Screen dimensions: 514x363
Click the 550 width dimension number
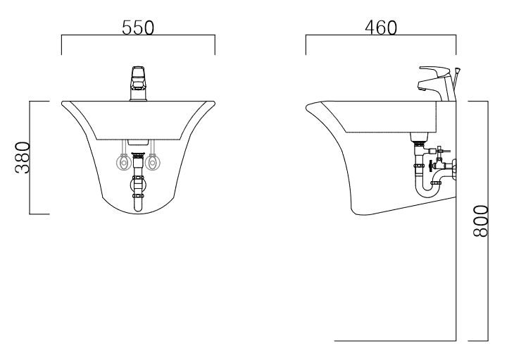138,27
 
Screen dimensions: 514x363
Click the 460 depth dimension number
381,27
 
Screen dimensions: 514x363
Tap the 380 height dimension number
23,158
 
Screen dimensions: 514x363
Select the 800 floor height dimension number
481,221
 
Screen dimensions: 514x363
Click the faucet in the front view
139,84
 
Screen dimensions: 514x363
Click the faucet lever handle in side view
435,71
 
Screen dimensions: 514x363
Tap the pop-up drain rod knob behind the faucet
458,70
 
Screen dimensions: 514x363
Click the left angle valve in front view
123,162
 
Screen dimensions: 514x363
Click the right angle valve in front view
152,162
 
